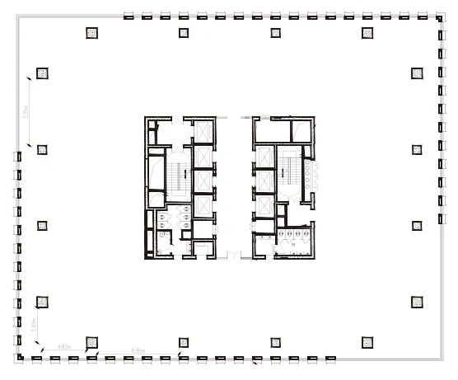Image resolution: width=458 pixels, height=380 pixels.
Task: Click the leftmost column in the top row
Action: coord(92,33)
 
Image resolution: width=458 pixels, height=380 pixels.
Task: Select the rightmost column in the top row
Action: coord(367,33)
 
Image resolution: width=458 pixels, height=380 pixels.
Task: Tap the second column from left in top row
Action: coord(183,33)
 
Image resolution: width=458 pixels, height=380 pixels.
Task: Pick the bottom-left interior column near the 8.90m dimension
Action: coord(92,340)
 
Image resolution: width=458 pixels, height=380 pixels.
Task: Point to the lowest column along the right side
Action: coord(417,300)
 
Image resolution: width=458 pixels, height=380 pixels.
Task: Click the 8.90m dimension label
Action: coord(138,351)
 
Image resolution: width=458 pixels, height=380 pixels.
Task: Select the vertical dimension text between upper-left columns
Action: coord(27,112)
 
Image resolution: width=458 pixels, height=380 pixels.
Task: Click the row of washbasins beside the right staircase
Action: coord(310,174)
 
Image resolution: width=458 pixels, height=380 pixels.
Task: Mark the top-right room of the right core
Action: coord(301,129)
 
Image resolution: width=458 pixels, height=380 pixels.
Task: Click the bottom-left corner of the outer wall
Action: coord(17,358)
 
